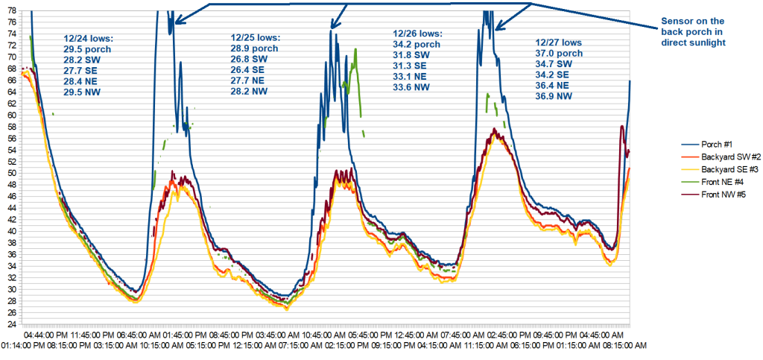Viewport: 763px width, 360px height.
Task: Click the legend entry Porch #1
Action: (716, 145)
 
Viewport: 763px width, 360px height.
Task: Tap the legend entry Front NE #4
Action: (718, 183)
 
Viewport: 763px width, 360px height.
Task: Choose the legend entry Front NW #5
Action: (719, 195)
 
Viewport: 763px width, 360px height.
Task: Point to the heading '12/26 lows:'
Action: (417, 34)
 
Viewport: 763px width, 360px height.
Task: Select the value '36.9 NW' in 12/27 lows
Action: (555, 96)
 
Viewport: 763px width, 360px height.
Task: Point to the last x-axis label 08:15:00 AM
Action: (624, 346)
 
